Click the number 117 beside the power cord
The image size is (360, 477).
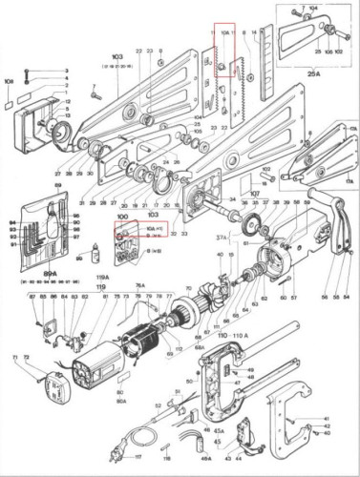[x=138, y=457]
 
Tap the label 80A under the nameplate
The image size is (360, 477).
[x=121, y=402]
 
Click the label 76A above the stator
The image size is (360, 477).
[x=139, y=285]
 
